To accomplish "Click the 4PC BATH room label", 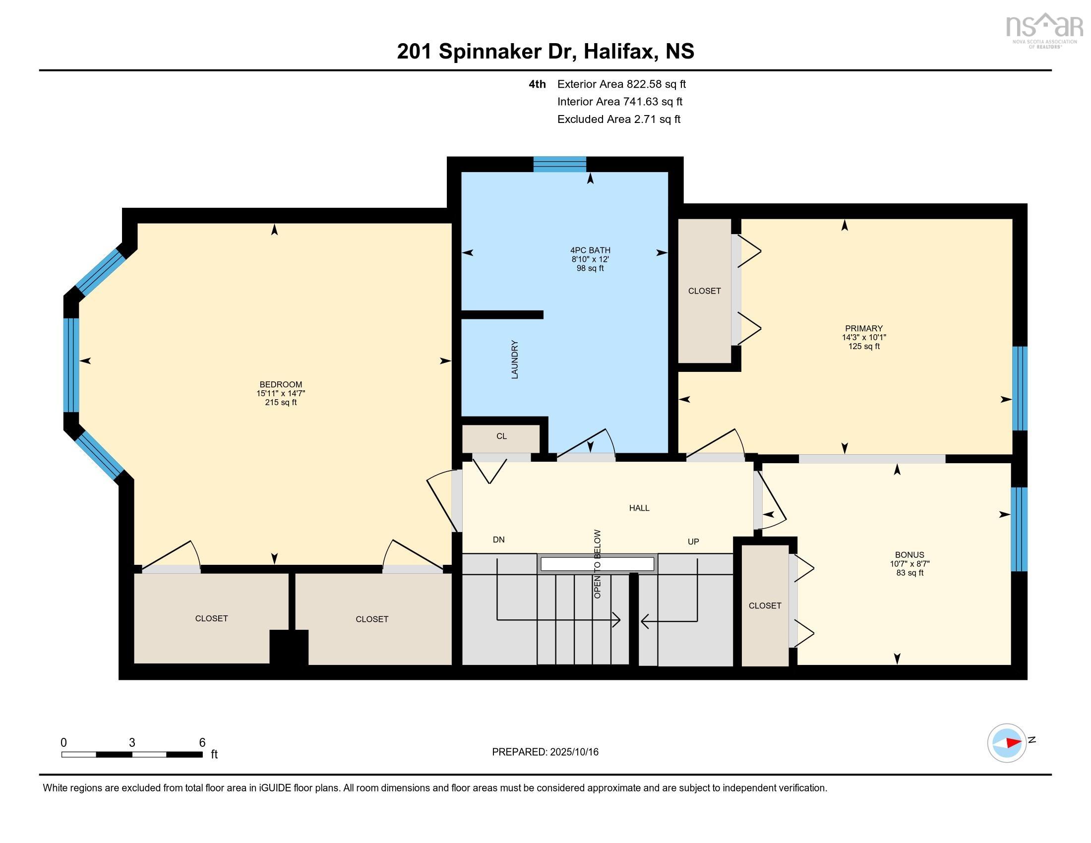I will (x=590, y=250).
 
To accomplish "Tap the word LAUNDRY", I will (x=515, y=360).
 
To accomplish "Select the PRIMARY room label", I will (x=864, y=329).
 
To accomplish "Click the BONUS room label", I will (x=909, y=555).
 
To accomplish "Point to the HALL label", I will (x=639, y=508).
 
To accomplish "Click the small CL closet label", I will (x=501, y=436).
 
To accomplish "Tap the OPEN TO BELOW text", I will (x=598, y=564).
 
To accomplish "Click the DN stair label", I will (x=498, y=540).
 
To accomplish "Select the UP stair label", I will (x=693, y=542).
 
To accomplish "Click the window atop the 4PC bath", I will (x=559, y=164).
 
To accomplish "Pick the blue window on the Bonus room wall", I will (x=1019, y=529).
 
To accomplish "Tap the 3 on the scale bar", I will (x=132, y=743).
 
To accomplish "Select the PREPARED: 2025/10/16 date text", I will (x=545, y=752).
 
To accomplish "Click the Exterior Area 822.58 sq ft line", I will (x=621, y=84).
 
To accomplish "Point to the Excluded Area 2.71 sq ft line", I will (x=618, y=120).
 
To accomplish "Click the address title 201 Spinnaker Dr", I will (x=545, y=52).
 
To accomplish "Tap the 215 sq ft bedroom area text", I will (x=281, y=403).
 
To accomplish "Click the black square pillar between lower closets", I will (x=289, y=647).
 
